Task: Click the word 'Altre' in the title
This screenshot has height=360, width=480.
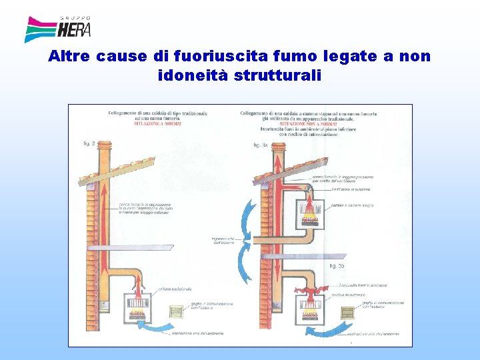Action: click(x=70, y=57)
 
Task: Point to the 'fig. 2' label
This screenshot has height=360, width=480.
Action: click(x=89, y=143)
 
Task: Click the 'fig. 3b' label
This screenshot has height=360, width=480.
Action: click(x=337, y=266)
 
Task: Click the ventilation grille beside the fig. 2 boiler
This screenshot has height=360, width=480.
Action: click(x=176, y=312)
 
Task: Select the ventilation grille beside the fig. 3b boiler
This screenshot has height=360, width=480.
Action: click(x=347, y=313)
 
